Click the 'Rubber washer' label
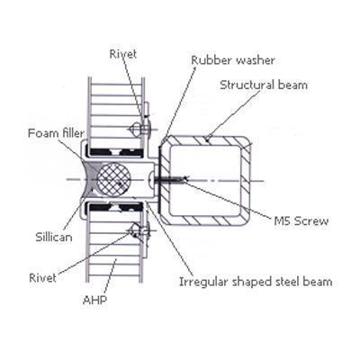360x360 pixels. click(233, 60)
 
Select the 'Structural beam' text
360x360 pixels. click(264, 85)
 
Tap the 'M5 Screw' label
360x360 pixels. click(301, 221)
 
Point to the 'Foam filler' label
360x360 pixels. click(56, 133)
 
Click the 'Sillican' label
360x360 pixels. click(54, 237)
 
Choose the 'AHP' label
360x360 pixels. click(94, 300)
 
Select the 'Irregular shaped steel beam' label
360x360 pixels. click(256, 282)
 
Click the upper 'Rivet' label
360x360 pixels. click(123, 54)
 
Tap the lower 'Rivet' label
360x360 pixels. click(42, 277)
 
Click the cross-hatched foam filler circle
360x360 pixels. click(114, 179)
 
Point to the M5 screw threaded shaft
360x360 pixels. click(169, 180)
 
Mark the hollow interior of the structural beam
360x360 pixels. click(205, 180)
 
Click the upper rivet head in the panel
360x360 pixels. click(135, 129)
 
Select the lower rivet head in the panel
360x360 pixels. click(135, 230)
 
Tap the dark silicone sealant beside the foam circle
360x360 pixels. click(90, 179)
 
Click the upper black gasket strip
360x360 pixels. click(115, 152)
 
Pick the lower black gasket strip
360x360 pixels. click(115, 207)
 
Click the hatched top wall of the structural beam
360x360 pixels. click(205, 140)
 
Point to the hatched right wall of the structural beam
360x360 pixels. click(247, 180)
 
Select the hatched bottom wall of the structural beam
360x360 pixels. click(205, 220)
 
